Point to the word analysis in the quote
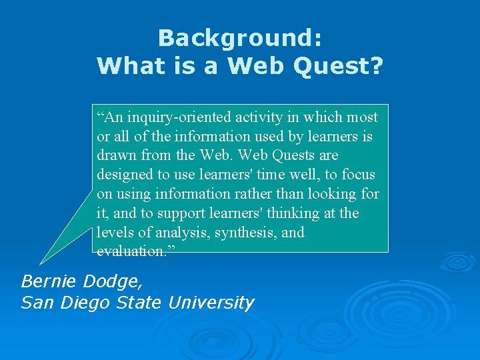coord(173,233)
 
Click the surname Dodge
coord(113,281)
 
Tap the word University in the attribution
coord(211,303)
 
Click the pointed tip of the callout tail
coord(41,263)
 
